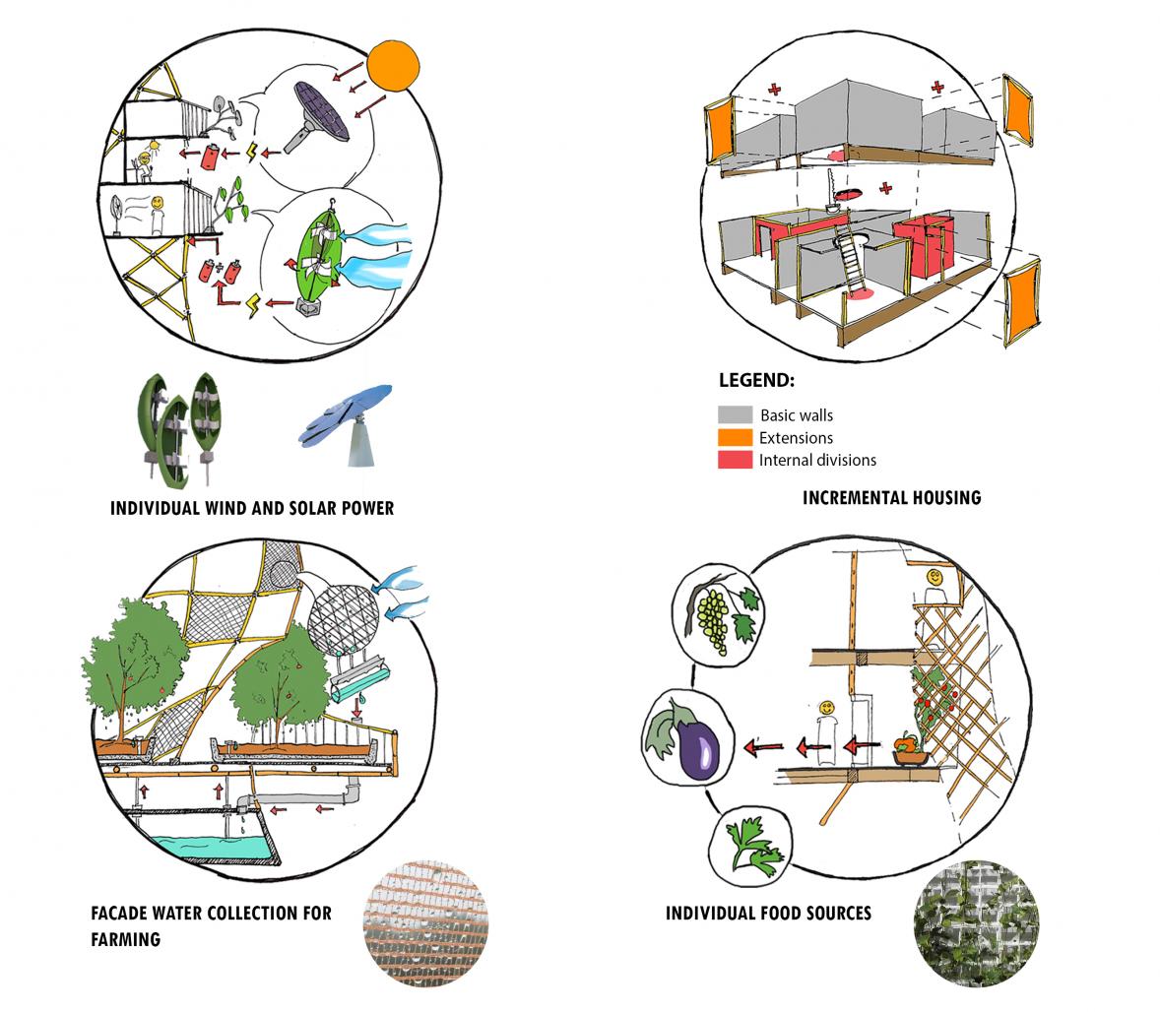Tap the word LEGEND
click(756, 381)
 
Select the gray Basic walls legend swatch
click(735, 414)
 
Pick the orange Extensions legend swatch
click(735, 437)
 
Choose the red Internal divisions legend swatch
click(735, 459)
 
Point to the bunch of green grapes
click(717, 616)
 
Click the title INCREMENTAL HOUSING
click(891, 497)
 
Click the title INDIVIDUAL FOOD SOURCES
click(768, 914)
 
